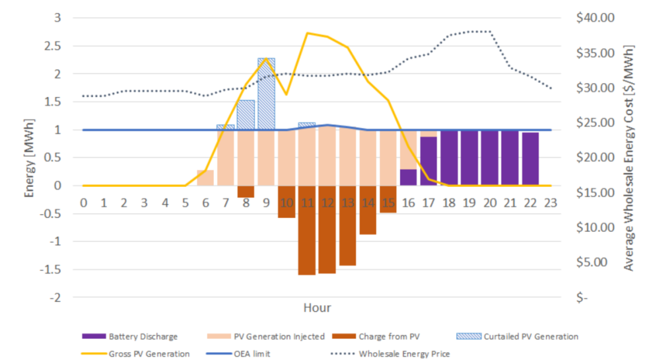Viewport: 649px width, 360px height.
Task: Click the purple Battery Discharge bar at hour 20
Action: coord(490,157)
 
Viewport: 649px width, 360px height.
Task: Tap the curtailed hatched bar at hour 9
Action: coord(266,93)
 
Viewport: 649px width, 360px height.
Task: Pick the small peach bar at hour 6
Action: coord(206,178)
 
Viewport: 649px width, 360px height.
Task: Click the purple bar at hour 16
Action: coord(408,177)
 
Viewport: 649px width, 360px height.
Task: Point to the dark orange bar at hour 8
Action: coord(246,191)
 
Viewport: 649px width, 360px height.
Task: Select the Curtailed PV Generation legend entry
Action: coord(522,337)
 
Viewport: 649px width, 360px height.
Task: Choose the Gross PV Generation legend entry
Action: coord(140,353)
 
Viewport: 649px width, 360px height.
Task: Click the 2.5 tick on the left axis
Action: coord(55,46)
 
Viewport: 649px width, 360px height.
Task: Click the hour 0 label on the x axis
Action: coord(84,203)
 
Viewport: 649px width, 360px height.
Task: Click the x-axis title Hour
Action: coord(317,308)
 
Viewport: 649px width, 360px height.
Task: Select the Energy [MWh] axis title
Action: coord(28,157)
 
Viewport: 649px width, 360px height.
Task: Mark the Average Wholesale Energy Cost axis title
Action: coord(629,157)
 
